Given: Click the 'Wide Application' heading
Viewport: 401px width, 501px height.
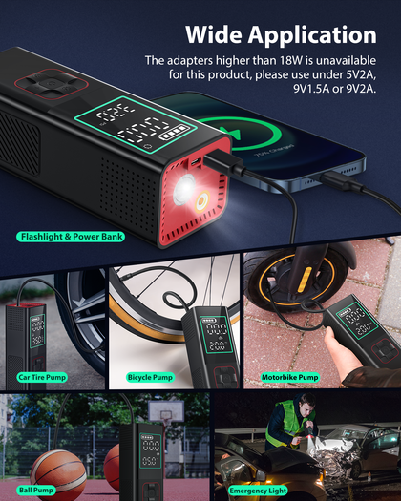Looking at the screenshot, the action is coord(281,34).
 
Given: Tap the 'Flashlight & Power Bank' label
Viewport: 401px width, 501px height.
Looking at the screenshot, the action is coord(71,237).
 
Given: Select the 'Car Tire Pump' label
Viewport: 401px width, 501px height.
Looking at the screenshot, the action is coord(42,377).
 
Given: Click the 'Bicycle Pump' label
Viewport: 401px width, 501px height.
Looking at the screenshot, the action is coord(150,377).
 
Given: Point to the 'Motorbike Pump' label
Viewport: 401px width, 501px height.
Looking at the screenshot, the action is coord(289,377).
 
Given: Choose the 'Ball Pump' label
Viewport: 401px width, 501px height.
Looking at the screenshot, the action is coord(36,491).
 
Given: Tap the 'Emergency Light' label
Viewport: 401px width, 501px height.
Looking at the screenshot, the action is coord(258,491).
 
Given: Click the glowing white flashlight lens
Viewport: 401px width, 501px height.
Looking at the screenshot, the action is coord(184,190).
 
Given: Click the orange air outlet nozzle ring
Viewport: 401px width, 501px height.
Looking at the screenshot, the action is coord(202,201).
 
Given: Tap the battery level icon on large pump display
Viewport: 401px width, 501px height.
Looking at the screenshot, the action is coord(174,132).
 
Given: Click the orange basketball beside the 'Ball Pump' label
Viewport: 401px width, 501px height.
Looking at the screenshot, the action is coord(58,474).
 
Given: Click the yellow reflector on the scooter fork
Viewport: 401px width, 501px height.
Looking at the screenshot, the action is coord(305,281).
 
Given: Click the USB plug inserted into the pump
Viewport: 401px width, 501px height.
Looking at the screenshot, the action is coord(223,162).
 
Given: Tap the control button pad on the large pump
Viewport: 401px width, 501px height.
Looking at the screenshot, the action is coord(52,84).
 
